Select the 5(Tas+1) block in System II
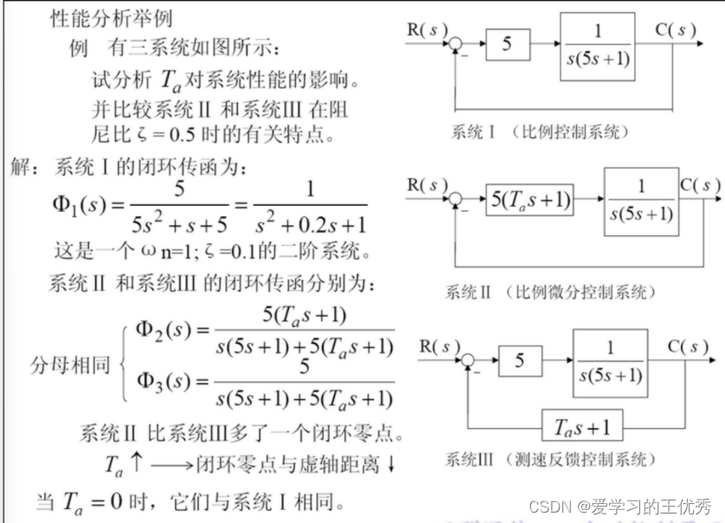pyautogui.click(x=532, y=200)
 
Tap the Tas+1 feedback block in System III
pyautogui.click(x=581, y=426)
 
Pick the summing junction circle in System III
pyautogui.click(x=469, y=360)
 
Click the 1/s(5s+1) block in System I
pyautogui.click(x=608, y=42)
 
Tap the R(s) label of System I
pyautogui.click(x=427, y=29)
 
